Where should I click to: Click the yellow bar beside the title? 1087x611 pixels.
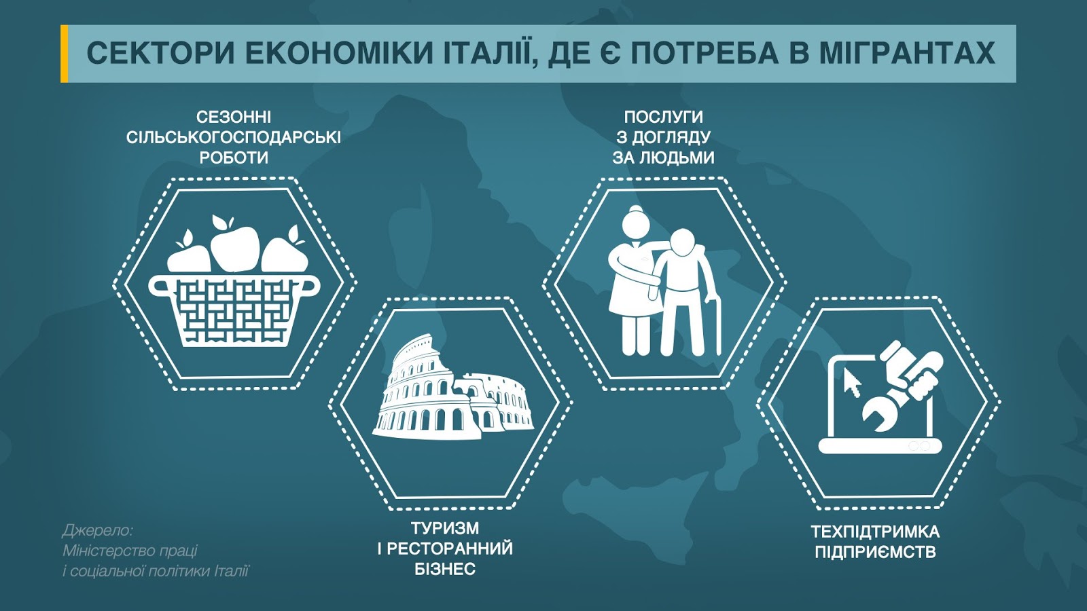click(64, 54)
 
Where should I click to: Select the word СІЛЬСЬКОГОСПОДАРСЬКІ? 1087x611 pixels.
click(234, 138)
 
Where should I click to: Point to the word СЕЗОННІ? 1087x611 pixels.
click(234, 117)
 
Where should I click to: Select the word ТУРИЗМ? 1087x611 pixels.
click(445, 528)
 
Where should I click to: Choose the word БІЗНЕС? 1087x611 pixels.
click(445, 569)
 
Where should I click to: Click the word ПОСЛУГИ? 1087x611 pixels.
click(663, 117)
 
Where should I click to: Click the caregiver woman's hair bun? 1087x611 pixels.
click(635, 210)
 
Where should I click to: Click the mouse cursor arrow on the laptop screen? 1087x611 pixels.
click(852, 383)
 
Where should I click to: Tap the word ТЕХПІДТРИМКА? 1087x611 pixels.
click(876, 532)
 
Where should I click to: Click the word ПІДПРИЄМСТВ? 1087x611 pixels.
click(876, 553)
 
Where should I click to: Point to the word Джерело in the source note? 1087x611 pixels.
click(97, 531)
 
